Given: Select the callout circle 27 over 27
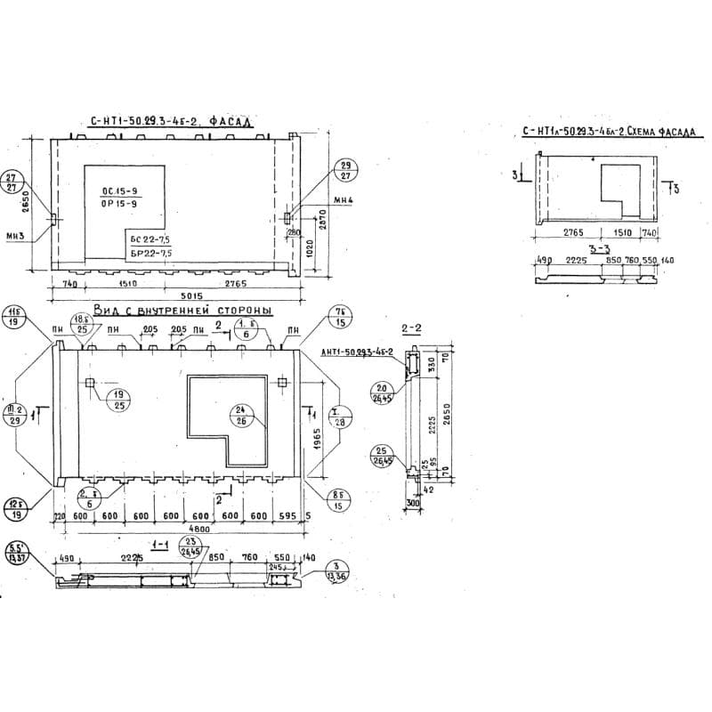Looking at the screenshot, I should click(x=12, y=182).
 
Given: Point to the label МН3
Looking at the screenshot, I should click(x=12, y=235).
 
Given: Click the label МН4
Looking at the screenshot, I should click(x=344, y=200).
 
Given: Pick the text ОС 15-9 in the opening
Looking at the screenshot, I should click(x=120, y=191).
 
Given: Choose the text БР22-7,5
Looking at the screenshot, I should click(x=150, y=254).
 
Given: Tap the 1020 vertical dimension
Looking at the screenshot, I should click(x=307, y=247).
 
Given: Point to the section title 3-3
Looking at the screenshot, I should click(x=602, y=248).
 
